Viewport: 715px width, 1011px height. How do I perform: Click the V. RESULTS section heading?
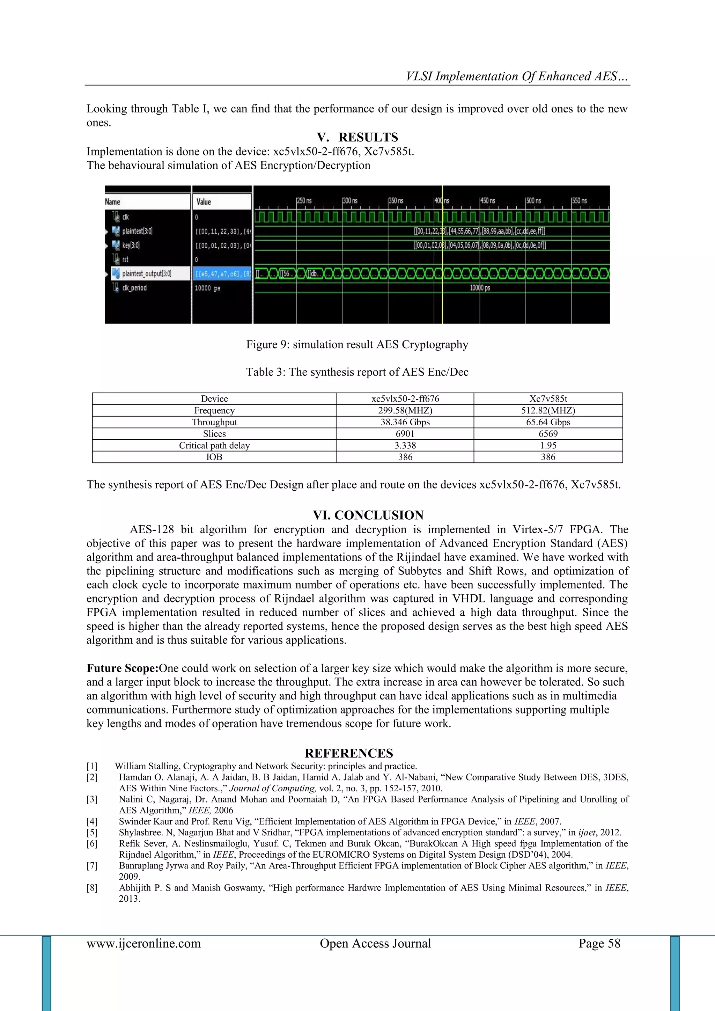coord(357,137)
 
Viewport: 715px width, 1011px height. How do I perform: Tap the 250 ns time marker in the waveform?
coord(304,201)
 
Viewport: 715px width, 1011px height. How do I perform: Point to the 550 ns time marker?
coord(580,201)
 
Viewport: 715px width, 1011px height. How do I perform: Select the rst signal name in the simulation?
coord(125,259)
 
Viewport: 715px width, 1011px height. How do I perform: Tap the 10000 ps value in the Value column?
coord(207,288)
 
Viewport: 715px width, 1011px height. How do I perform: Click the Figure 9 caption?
coord(357,344)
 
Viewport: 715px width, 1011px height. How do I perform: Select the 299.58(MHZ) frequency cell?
coord(405,410)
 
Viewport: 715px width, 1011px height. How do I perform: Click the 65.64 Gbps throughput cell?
coord(548,422)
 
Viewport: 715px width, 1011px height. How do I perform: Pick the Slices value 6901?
coord(405,434)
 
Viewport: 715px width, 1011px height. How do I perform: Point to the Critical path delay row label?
coord(214,445)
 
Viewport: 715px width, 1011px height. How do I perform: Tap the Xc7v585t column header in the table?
coord(548,398)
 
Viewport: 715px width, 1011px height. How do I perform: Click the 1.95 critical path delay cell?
coord(548,445)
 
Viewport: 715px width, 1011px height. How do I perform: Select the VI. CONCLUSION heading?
coord(368,515)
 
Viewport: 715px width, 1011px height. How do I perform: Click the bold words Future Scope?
coord(122,668)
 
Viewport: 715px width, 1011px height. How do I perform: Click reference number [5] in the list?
coord(92,832)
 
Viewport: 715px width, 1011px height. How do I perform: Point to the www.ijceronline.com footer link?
coord(143,943)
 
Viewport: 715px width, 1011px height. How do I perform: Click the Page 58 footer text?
coord(599,943)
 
